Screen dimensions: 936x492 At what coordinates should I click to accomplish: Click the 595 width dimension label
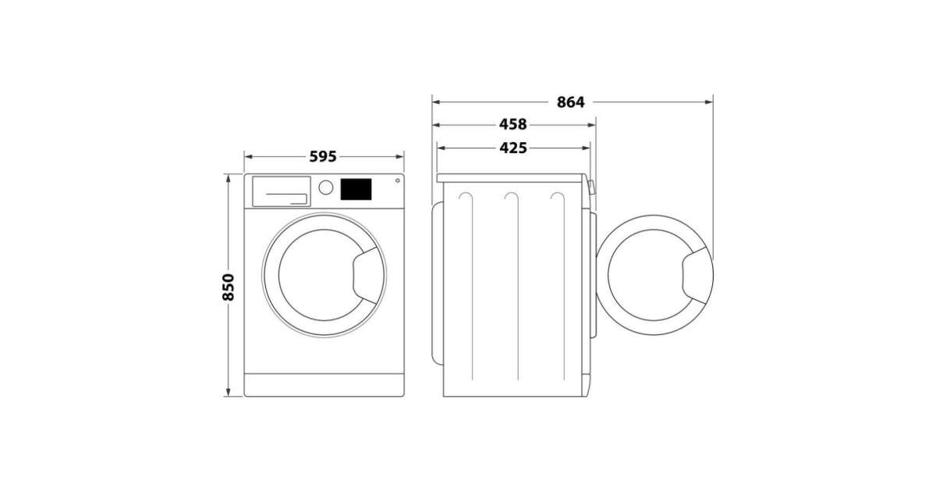(x=323, y=157)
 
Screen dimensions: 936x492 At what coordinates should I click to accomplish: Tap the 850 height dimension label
(x=228, y=287)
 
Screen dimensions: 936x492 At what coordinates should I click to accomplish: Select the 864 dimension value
(x=570, y=102)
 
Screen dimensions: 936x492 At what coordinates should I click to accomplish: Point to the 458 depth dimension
(x=513, y=124)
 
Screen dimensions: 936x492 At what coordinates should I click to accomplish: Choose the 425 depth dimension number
(x=513, y=148)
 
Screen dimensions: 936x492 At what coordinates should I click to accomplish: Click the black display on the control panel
(x=356, y=189)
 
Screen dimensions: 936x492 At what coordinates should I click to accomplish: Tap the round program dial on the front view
(x=325, y=187)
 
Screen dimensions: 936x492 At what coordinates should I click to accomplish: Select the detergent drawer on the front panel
(x=282, y=191)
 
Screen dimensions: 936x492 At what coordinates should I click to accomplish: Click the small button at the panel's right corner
(x=397, y=180)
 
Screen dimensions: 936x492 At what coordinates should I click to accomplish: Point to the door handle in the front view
(x=367, y=275)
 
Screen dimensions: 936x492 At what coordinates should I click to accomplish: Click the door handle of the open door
(x=697, y=275)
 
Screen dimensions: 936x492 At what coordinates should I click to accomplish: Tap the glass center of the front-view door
(x=320, y=275)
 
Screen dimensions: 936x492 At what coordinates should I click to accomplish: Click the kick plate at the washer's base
(x=324, y=384)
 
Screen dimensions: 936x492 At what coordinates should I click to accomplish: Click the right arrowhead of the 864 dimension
(x=709, y=102)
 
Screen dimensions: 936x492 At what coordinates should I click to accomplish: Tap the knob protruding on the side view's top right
(x=591, y=187)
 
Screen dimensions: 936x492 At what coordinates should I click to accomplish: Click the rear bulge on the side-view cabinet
(x=438, y=283)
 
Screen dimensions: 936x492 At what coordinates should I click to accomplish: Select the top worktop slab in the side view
(x=509, y=178)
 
